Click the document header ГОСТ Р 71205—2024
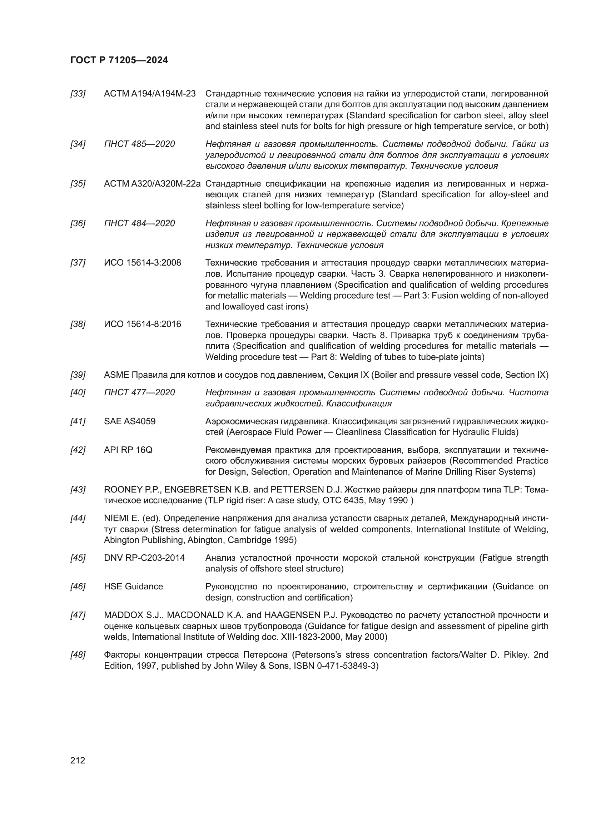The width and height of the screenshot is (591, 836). click(119, 60)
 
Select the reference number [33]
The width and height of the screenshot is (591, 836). click(78, 94)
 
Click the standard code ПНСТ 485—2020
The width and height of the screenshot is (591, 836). click(139, 144)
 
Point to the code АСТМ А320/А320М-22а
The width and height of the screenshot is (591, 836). click(152, 184)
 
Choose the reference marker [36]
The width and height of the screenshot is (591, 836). click(78, 223)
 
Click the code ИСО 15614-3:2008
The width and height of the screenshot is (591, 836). click(142, 263)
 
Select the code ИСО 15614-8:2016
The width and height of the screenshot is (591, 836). click(142, 325)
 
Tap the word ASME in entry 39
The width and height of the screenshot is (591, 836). click(116, 375)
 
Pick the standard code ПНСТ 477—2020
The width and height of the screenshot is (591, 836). click(139, 392)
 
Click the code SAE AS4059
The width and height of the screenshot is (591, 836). click(130, 422)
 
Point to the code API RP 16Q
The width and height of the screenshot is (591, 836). click(128, 450)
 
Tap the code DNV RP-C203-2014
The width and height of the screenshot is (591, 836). click(144, 558)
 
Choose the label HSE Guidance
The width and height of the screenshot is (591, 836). click(133, 587)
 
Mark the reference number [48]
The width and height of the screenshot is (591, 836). click(78, 655)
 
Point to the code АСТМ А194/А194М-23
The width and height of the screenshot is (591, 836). click(150, 94)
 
